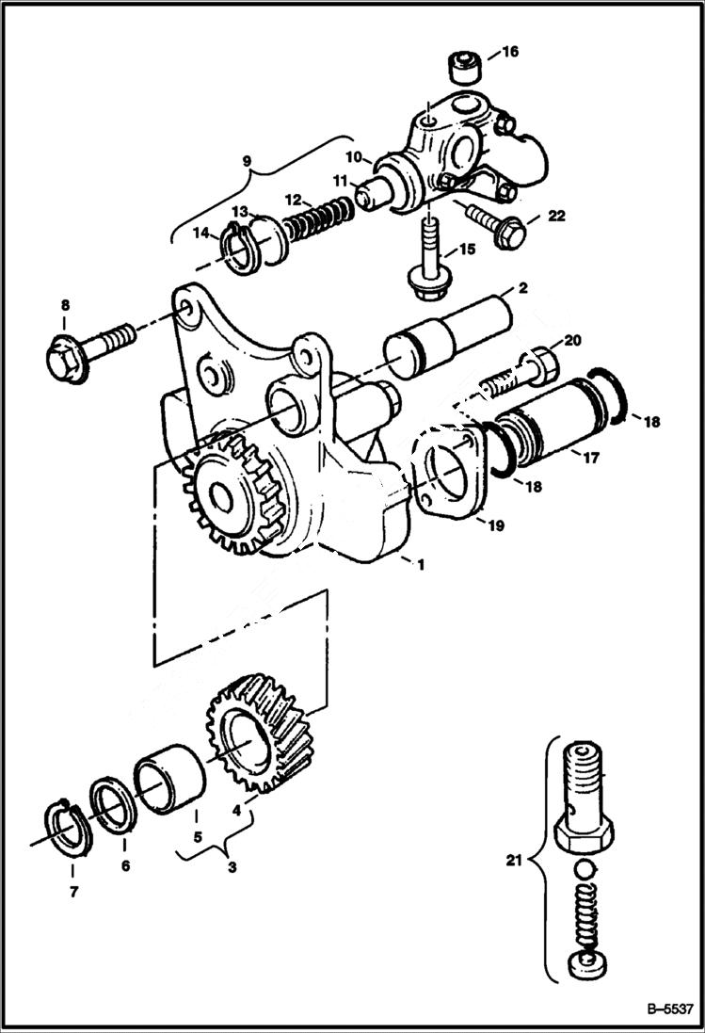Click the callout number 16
click(508, 52)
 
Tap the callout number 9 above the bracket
click(248, 161)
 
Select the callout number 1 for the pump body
click(421, 565)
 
